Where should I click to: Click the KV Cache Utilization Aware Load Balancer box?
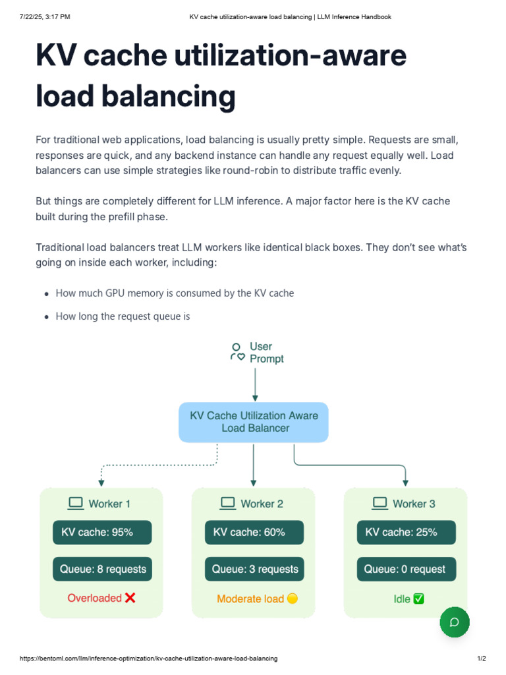coord(254,422)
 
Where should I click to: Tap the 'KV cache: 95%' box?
coord(102,533)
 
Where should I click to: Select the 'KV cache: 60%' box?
coord(254,533)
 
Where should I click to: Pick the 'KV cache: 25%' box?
coord(406,533)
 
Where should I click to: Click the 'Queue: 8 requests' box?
coord(102,569)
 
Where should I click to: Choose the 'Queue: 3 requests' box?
coord(254,569)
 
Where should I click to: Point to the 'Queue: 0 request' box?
coord(406,569)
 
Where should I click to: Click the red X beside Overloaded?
coord(130,598)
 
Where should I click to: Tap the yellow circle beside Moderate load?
coord(293,599)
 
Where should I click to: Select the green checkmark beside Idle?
coord(418,599)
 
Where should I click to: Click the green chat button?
coord(455,622)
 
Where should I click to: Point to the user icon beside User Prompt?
coord(237,352)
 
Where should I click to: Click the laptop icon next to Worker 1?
coord(76,504)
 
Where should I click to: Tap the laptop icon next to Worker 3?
coord(380,504)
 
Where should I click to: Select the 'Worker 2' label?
coord(262,504)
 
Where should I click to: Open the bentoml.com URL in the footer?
coord(148,659)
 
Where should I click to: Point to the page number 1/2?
coord(481,659)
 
